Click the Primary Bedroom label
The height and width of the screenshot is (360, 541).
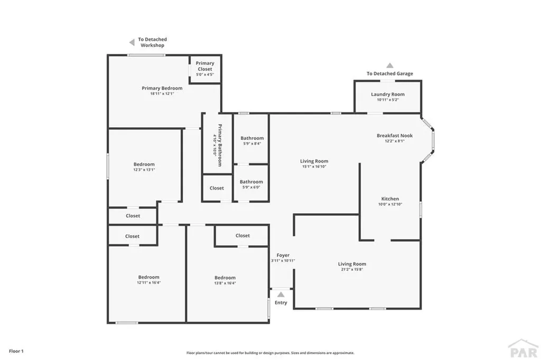click(162, 88)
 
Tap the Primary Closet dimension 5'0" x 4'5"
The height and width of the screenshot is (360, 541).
click(205, 74)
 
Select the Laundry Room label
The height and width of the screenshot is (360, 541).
click(387, 94)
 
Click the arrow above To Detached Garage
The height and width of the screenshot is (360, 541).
click(389, 65)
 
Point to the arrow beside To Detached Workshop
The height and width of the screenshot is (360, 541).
click(132, 42)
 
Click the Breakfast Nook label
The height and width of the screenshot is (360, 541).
click(394, 136)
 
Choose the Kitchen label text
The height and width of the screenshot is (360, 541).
click(390, 199)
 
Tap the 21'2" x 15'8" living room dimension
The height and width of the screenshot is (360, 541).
click(352, 269)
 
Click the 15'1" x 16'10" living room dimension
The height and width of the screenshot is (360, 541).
click(314, 166)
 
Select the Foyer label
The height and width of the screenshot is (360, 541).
click(283, 255)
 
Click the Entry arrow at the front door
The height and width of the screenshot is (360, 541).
click(281, 295)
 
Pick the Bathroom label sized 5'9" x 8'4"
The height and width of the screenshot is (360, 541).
click(251, 138)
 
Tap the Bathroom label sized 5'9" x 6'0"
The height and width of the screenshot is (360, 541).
click(251, 182)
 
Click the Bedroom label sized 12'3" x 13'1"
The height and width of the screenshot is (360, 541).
click(144, 164)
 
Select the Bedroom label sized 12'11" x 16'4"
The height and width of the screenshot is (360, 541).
click(148, 278)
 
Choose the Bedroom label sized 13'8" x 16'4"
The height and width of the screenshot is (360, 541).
click(225, 278)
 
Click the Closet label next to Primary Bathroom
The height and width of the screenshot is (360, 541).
click(217, 188)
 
